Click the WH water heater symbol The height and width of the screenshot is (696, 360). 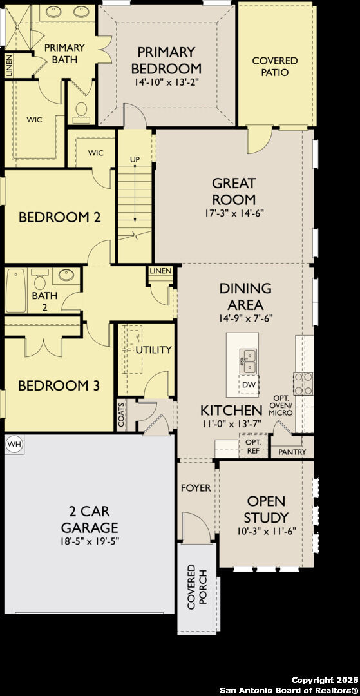(x=14, y=444)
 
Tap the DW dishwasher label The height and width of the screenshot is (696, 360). (x=249, y=385)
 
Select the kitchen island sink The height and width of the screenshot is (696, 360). (x=248, y=362)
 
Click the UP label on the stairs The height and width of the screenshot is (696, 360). (x=135, y=159)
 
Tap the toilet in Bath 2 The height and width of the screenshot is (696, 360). (x=39, y=280)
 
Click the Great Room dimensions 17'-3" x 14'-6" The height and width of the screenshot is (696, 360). (x=234, y=212)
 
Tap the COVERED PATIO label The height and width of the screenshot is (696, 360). (x=275, y=66)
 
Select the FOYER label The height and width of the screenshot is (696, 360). (x=195, y=488)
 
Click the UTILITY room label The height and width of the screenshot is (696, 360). (x=153, y=350)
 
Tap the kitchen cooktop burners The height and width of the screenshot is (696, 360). (x=303, y=383)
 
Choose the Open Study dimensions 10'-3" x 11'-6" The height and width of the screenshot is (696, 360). (x=267, y=533)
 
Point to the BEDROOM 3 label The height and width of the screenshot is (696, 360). (x=58, y=386)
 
